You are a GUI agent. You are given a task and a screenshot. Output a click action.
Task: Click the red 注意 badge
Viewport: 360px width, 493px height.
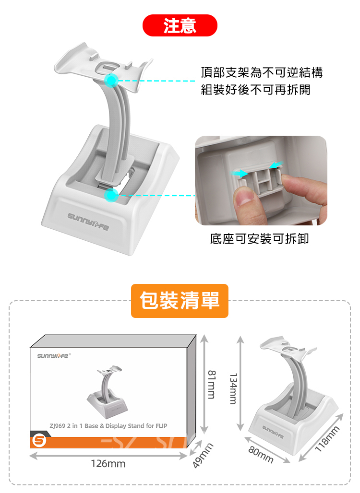coord(180,25)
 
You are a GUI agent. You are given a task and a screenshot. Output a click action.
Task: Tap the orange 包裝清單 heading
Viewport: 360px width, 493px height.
coord(180,301)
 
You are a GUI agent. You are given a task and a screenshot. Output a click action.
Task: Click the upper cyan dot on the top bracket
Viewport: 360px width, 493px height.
coord(111,80)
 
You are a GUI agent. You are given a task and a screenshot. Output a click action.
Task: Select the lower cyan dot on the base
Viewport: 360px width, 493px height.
coord(111,195)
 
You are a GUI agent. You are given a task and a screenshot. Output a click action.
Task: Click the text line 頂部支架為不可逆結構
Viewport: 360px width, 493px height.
coord(262,72)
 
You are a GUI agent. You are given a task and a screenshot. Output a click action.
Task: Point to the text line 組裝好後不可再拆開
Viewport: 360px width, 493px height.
coord(255,90)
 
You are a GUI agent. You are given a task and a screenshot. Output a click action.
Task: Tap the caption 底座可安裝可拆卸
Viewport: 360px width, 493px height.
coord(259,239)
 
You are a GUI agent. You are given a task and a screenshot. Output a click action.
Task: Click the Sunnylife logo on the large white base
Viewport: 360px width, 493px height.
coord(88,221)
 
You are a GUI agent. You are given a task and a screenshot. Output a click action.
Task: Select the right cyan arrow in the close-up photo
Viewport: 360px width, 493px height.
coord(276,164)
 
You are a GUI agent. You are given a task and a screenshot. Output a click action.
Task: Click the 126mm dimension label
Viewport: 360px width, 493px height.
coord(108,463)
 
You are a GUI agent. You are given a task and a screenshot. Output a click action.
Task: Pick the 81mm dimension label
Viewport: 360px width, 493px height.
coord(212,385)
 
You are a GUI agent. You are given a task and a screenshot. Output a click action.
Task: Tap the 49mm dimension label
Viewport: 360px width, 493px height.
coord(203,456)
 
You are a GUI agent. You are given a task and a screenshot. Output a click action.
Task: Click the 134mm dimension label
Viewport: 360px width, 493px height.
coord(233,388)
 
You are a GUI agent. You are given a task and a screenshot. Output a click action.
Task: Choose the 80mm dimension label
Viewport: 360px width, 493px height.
coord(261,455)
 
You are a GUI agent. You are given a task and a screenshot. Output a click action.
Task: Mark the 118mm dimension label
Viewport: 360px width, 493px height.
coord(327,439)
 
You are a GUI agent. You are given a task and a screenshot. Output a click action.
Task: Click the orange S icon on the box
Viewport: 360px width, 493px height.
coord(39,440)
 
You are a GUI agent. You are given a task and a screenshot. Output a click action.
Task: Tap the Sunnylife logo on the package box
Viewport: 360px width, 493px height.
coord(53,355)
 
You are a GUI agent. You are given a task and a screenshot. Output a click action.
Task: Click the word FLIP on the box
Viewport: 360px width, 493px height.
coord(161,426)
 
